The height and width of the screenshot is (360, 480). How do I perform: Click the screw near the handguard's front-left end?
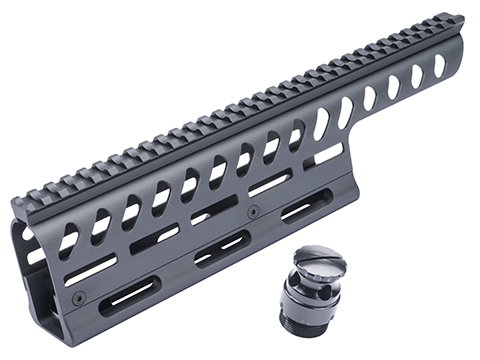click(x=79, y=297)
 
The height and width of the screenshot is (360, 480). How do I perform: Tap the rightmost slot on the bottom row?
click(x=302, y=211)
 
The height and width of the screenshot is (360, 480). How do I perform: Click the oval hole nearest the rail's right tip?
click(x=440, y=65)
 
